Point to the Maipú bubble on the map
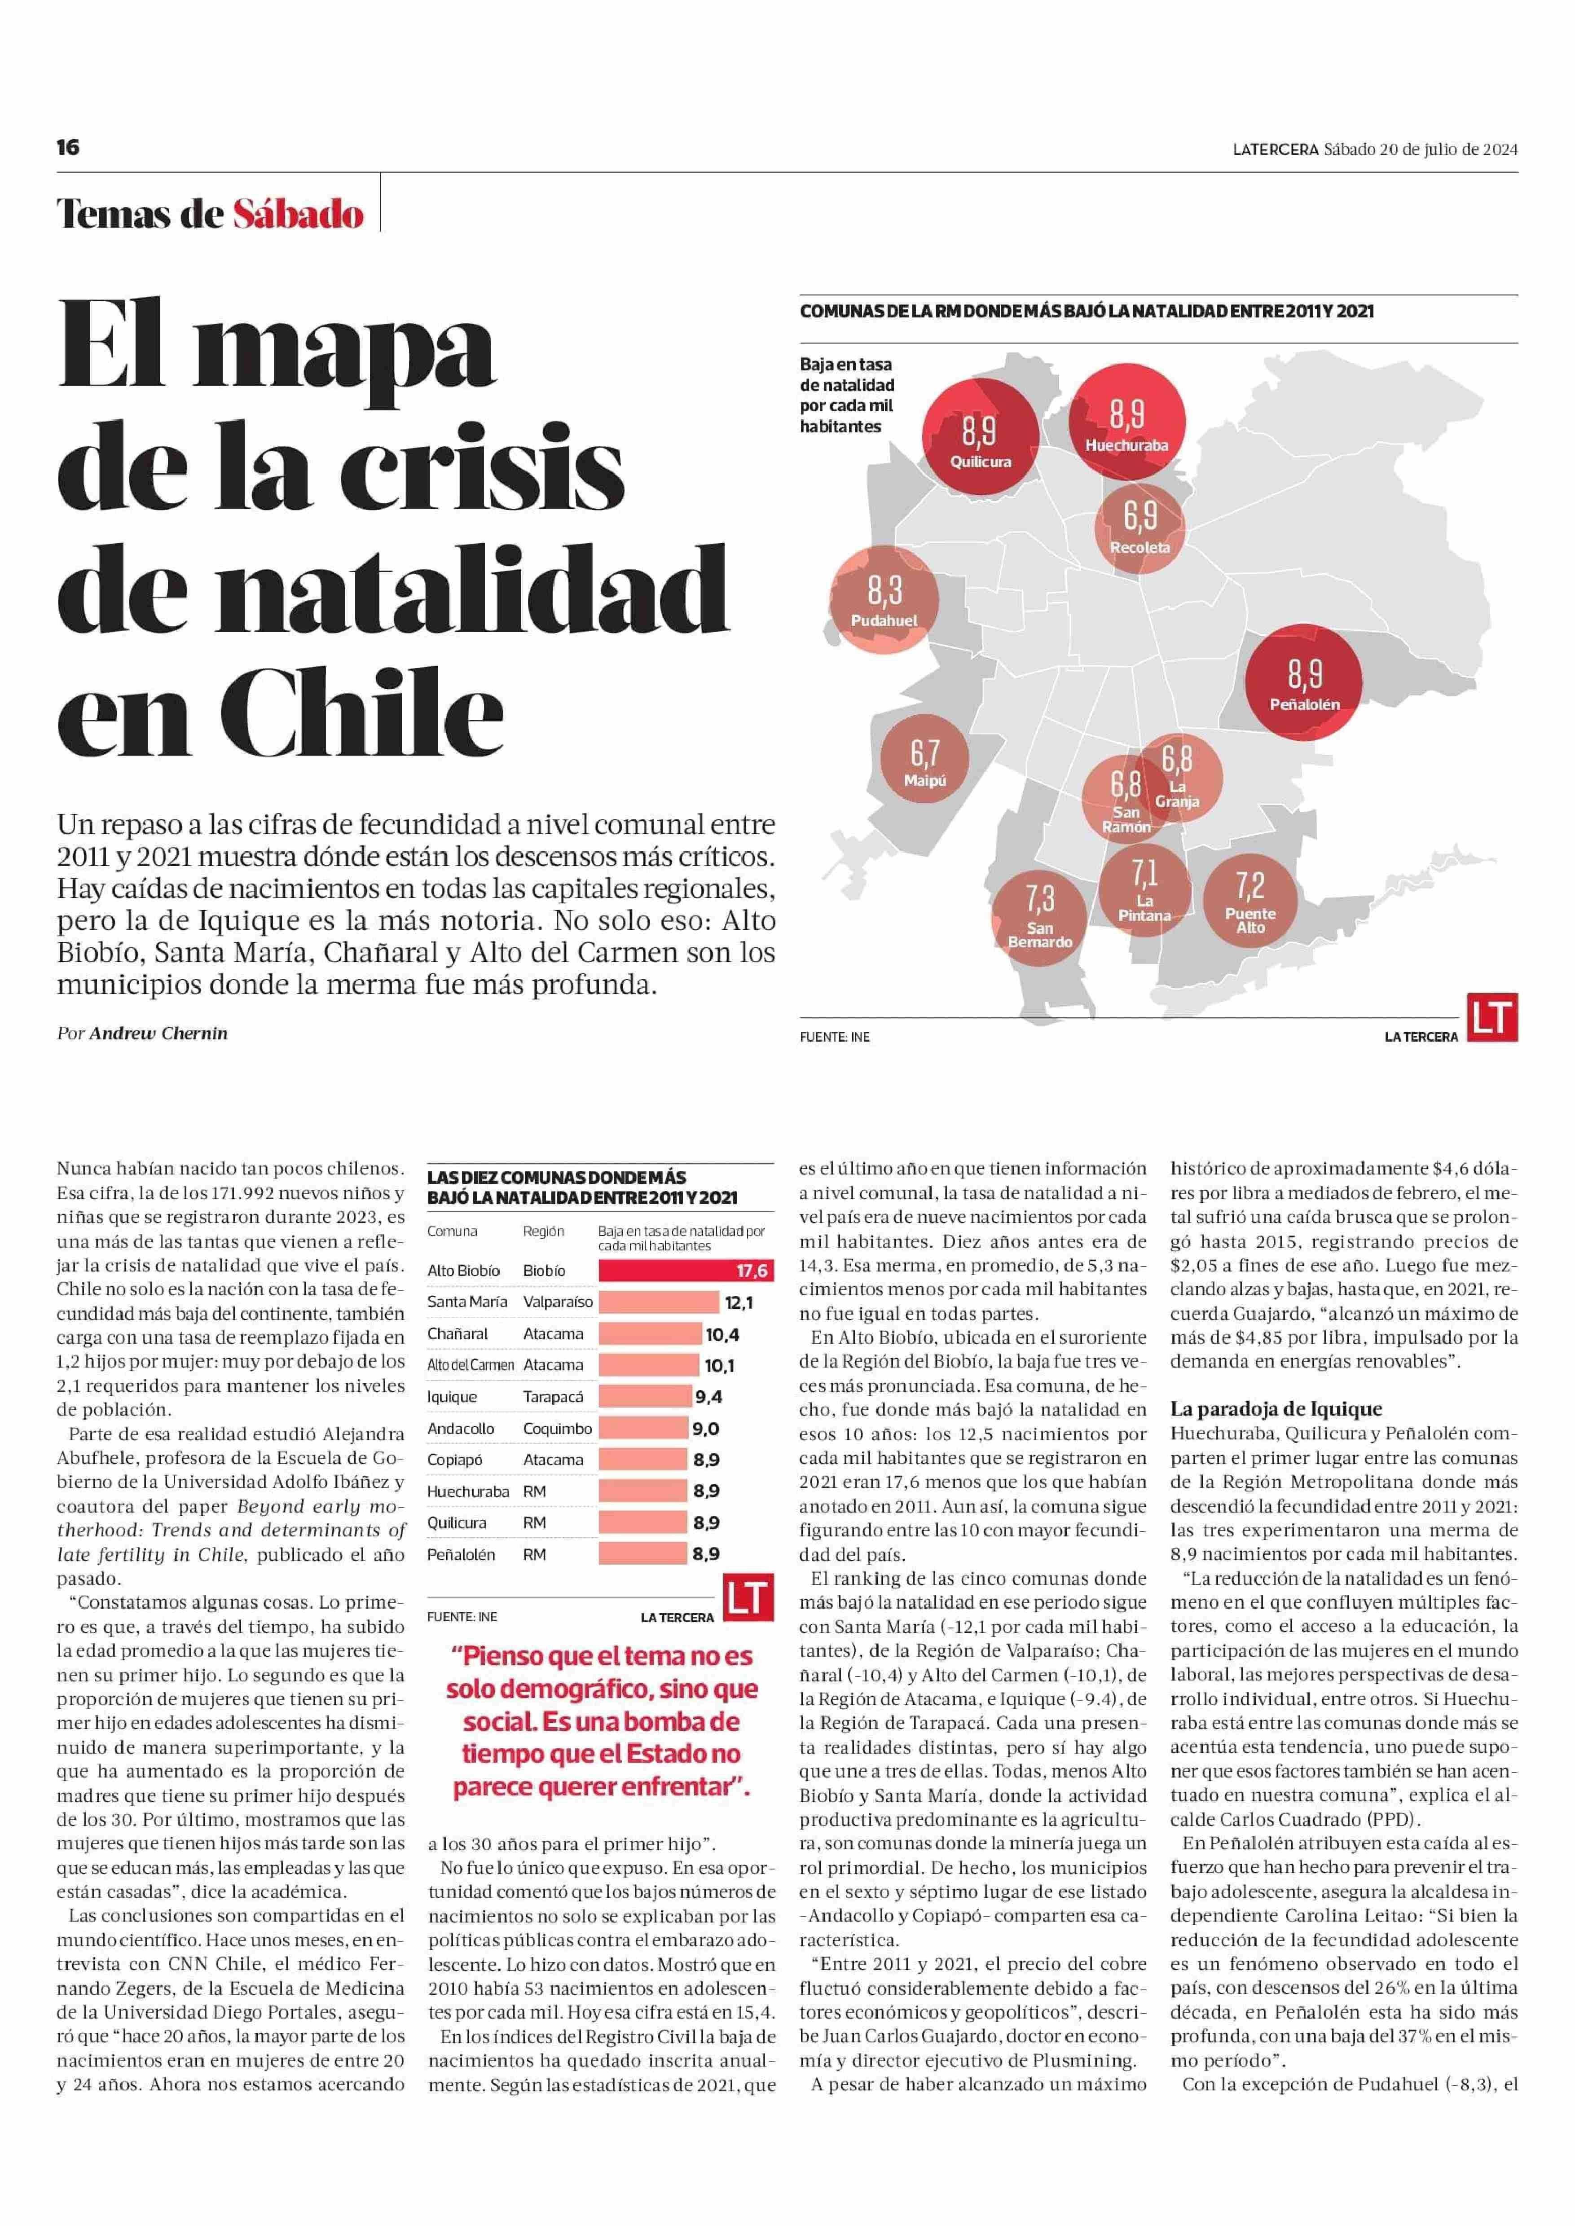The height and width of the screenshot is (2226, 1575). (924, 761)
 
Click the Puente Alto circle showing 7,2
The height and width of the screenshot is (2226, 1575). (1250, 899)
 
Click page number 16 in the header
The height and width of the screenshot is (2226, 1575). (68, 147)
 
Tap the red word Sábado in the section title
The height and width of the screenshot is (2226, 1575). (298, 213)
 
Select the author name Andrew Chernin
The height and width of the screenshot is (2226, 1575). (158, 1033)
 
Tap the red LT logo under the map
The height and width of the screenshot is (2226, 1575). (1491, 1017)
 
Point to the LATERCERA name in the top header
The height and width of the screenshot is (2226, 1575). (1276, 150)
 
